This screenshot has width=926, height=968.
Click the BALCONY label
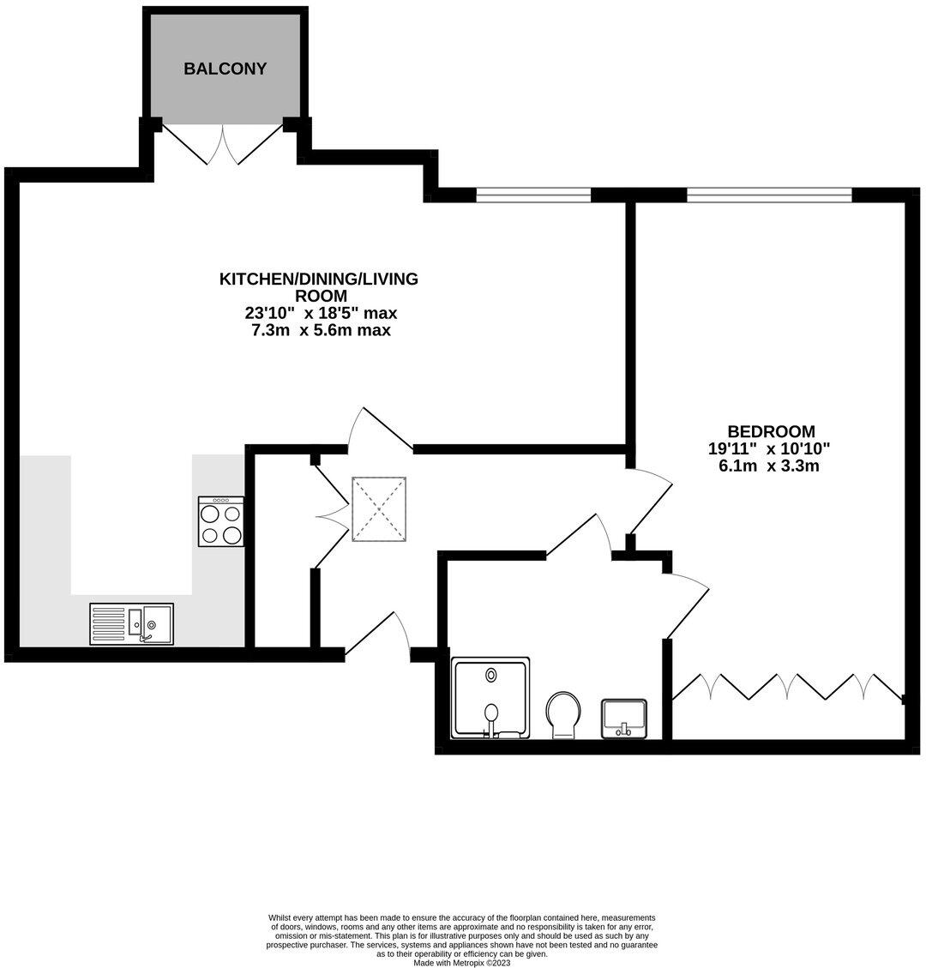(x=225, y=69)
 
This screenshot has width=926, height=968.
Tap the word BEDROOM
(x=771, y=431)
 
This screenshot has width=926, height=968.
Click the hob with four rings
(x=221, y=521)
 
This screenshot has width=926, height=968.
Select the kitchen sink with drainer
(x=131, y=624)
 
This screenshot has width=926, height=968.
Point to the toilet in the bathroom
(x=563, y=714)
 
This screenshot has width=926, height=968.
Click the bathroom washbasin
(x=624, y=718)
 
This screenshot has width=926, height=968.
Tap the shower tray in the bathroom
(x=490, y=698)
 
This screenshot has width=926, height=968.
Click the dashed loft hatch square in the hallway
(x=379, y=509)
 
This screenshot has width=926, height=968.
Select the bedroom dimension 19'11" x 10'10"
(x=769, y=448)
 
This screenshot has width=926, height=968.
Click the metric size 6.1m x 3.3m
(x=769, y=466)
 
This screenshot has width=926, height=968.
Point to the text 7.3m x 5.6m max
(x=321, y=330)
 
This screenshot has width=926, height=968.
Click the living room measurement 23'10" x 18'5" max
(x=321, y=313)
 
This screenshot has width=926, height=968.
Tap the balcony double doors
(x=222, y=144)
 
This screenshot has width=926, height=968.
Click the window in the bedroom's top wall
(x=769, y=195)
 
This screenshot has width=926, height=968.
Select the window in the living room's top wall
(x=533, y=195)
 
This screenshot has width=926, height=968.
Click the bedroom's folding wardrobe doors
(x=788, y=687)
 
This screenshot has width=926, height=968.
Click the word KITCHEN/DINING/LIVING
(x=319, y=279)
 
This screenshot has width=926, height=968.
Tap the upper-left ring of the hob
(x=210, y=514)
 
